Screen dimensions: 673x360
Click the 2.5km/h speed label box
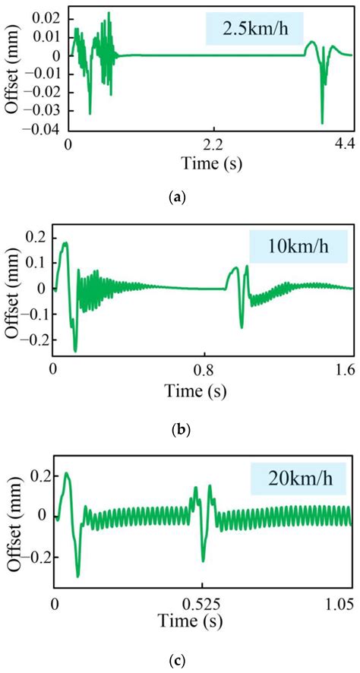254,30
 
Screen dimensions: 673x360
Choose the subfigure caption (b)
181,429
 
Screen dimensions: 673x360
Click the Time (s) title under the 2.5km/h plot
207,162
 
